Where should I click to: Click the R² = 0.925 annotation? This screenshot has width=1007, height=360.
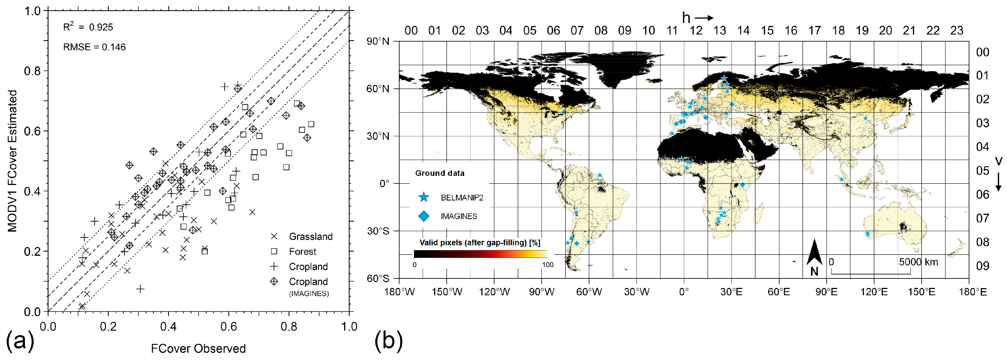coord(88,27)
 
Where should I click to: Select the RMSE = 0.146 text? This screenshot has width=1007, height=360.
coord(94,47)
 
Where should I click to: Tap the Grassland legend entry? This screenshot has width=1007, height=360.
coord(310,237)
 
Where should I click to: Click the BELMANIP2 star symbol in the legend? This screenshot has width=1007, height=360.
coord(423,197)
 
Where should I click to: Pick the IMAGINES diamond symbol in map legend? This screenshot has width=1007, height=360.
coord(423,216)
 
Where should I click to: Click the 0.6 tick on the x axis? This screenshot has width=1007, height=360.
coord(229,327)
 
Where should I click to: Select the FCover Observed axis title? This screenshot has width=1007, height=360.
coord(198,348)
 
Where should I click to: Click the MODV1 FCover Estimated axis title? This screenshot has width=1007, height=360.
coord(13,161)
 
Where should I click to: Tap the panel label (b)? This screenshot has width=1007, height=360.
coord(388,340)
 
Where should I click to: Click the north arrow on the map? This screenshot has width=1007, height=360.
coord(814,254)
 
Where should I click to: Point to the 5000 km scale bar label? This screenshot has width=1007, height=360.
coord(918,262)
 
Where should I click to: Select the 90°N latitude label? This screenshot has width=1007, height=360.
coord(378,42)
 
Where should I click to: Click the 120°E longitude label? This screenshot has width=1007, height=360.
coord(874,292)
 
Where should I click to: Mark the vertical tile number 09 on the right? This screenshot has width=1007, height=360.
coord(983,266)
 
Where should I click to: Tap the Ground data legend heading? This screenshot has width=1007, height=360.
coord(440,173)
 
